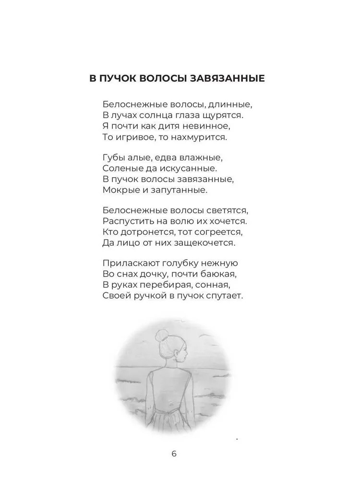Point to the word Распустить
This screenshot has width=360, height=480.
pyautogui.click(x=126, y=221)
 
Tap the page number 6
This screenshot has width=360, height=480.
pyautogui.click(x=174, y=454)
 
